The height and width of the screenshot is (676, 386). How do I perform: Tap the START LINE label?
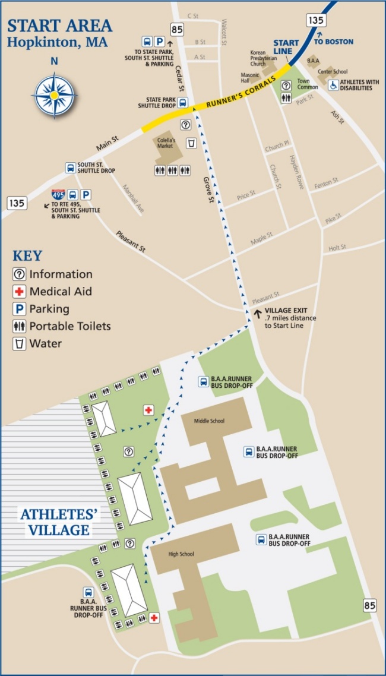286,47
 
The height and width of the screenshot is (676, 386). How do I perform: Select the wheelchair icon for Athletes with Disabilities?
334,84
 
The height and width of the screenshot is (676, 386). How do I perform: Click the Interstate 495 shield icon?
58,194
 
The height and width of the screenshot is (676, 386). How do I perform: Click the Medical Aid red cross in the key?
20,292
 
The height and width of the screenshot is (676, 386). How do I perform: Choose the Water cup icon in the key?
20,343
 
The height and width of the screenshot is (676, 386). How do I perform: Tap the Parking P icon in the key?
20,309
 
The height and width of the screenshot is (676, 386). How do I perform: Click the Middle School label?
210,421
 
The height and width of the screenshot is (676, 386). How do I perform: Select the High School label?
181,554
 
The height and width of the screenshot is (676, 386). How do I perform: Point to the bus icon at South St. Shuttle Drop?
71,168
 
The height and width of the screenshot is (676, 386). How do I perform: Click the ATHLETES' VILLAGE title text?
60,521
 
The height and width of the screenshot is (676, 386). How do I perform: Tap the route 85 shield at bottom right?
369,605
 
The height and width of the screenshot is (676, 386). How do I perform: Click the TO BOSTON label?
333,42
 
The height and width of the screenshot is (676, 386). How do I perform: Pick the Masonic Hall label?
249,78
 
